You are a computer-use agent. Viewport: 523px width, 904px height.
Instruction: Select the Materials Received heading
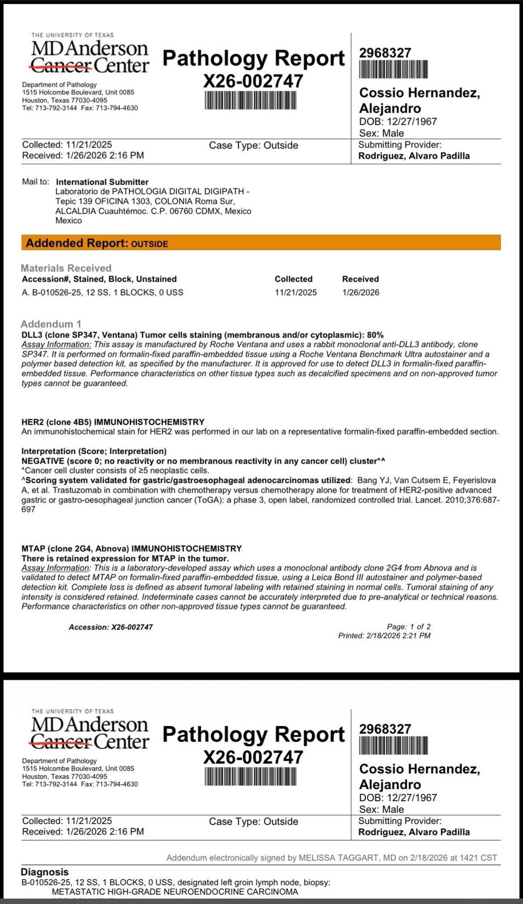click(x=66, y=268)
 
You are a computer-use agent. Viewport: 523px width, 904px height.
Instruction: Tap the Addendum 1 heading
click(x=51, y=324)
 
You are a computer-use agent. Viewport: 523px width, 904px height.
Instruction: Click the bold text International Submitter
click(x=102, y=182)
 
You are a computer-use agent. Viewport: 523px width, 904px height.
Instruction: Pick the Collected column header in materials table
click(x=293, y=279)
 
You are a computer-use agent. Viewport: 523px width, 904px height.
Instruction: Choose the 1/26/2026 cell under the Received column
click(x=360, y=292)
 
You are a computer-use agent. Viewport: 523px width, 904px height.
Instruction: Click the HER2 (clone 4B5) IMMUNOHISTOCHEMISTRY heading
click(x=113, y=421)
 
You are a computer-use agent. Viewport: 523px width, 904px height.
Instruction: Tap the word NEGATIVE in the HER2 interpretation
click(x=43, y=460)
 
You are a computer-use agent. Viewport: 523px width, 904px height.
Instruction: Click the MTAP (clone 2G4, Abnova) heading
click(x=132, y=548)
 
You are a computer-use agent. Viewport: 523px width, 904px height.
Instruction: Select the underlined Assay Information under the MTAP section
click(x=56, y=567)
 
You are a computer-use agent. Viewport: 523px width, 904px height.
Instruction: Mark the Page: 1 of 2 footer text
click(x=408, y=626)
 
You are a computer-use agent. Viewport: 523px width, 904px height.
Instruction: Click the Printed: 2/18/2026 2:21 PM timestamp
click(x=384, y=635)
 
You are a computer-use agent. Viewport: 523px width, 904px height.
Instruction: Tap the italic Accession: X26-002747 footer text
click(x=111, y=627)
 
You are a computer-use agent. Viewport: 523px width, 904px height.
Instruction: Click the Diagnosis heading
click(x=45, y=872)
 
